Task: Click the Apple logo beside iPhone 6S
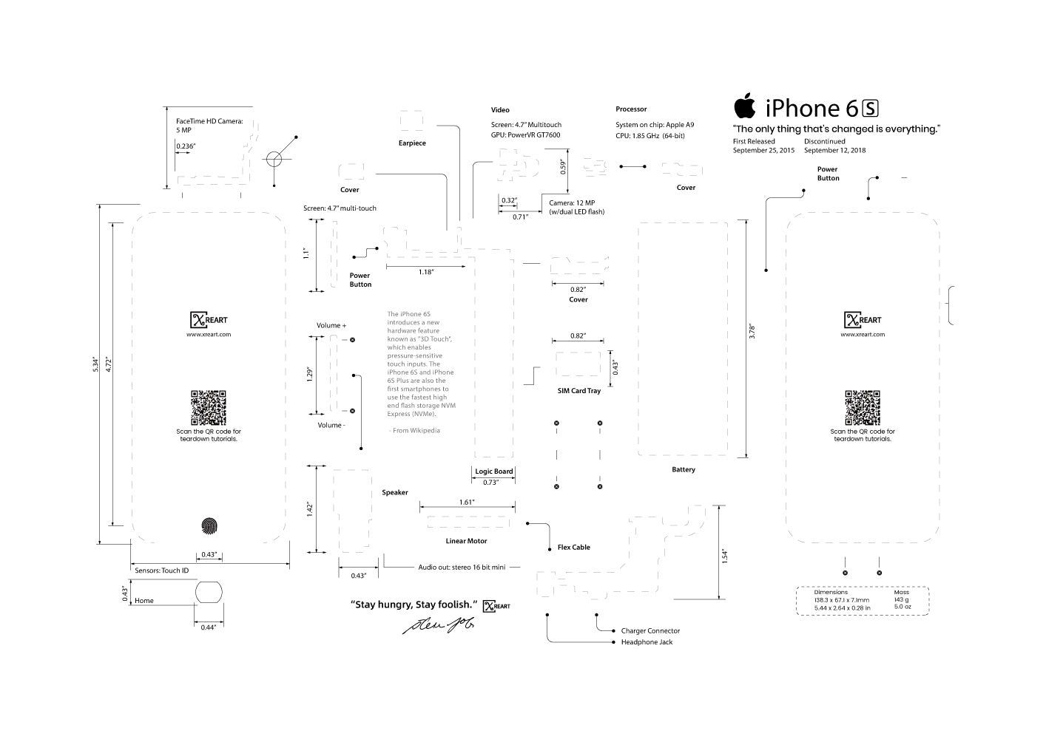[745, 106]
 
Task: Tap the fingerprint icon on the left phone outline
[212, 526]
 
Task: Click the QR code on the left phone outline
[208, 407]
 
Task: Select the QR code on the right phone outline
[862, 407]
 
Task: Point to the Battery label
[683, 470]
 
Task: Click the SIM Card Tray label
[578, 391]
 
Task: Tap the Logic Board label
[493, 471]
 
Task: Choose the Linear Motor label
[466, 542]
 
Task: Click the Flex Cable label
[573, 548]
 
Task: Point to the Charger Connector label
[650, 631]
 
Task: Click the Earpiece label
[412, 143]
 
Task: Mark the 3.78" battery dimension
[752, 332]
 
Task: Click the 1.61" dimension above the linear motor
[466, 503]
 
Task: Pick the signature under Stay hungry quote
[437, 625]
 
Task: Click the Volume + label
[331, 326]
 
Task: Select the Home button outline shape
[209, 593]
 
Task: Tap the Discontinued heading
[824, 141]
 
